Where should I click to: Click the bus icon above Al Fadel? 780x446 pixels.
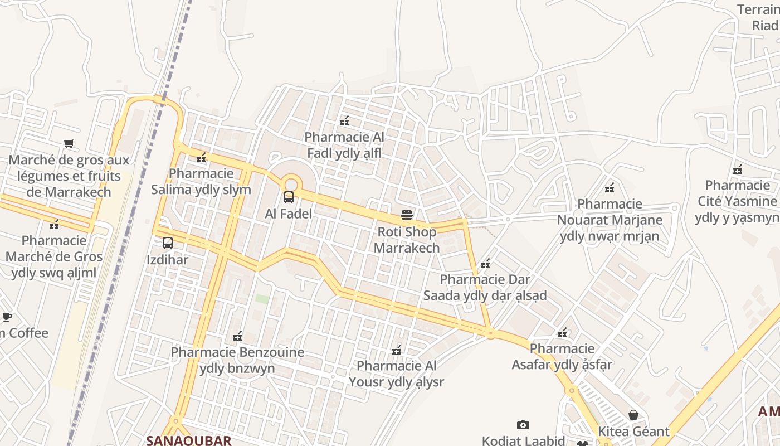289,197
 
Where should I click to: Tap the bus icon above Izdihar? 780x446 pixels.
168,243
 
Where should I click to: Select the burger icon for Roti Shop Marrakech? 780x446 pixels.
407,215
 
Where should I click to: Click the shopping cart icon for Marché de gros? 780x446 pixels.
69,144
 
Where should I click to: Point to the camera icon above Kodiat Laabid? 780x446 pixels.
523,425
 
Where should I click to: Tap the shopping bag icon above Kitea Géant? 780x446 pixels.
633,415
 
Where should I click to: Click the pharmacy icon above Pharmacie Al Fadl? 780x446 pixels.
344,120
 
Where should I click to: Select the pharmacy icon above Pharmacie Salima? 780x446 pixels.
201,157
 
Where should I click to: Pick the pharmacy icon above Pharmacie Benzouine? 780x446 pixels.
237,336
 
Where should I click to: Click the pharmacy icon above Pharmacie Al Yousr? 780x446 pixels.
397,350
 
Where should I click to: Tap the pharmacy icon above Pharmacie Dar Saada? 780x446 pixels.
485,263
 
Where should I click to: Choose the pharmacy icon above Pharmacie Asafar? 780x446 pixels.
562,332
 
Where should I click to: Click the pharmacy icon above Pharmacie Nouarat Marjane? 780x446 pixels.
610,187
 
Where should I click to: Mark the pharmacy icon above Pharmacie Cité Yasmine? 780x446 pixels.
738,169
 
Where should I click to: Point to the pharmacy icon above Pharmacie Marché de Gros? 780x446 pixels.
54,224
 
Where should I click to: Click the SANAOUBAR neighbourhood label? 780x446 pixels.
188,440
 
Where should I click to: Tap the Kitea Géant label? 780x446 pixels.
633,432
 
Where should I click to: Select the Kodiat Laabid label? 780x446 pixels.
523,440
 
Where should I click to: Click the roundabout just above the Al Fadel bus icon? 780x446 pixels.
290,183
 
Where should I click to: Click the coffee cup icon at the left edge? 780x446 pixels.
6,317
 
